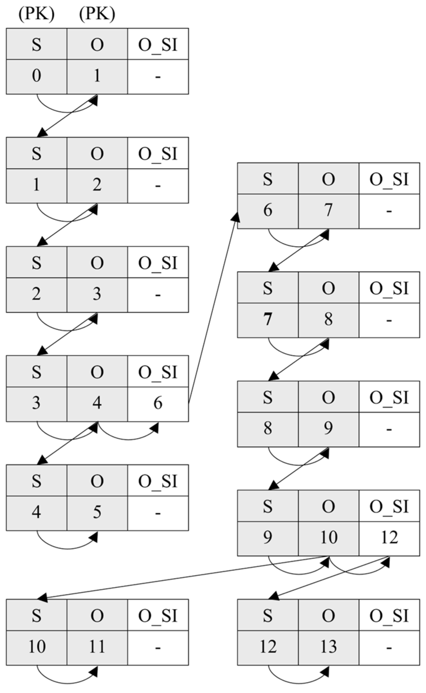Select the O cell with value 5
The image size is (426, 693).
(x=97, y=513)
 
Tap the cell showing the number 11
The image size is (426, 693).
(x=97, y=647)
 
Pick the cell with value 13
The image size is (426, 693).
(x=328, y=647)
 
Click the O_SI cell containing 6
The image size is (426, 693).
(x=158, y=404)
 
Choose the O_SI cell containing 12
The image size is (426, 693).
(x=389, y=538)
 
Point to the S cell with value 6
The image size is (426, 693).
(x=268, y=211)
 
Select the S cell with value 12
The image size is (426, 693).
(x=268, y=647)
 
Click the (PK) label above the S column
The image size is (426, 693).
(x=37, y=14)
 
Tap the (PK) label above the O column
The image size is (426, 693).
(x=97, y=14)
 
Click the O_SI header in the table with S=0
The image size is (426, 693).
(x=158, y=44)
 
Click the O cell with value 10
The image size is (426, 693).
(x=328, y=538)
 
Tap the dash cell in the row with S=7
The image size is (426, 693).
(x=389, y=320)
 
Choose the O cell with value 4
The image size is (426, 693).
(x=97, y=404)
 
